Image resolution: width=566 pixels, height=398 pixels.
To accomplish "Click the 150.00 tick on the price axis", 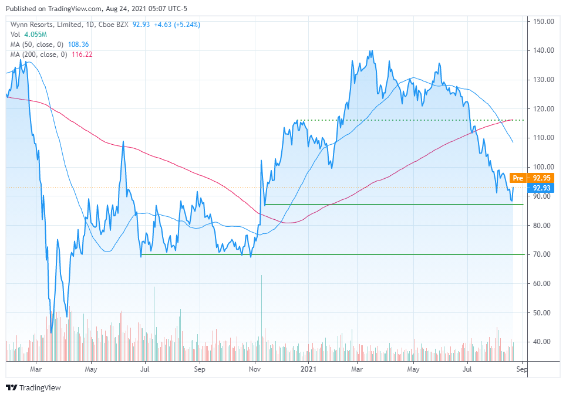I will [543, 22].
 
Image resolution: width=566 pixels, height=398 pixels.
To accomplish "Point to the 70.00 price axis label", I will [543, 254].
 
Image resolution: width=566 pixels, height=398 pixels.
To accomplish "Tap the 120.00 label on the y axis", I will [543, 109].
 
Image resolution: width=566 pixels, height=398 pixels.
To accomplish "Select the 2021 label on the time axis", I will [308, 370].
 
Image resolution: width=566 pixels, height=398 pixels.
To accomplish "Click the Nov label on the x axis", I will [255, 370].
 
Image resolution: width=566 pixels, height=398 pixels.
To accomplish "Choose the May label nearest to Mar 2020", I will [90, 370].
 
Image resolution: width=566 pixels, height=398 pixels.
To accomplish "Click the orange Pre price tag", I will [517, 178].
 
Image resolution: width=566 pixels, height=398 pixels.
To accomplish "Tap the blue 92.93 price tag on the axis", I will [541, 188].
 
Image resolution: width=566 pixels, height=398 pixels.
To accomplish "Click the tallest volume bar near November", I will [261, 317].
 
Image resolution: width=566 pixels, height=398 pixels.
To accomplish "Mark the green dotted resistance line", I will [405, 120].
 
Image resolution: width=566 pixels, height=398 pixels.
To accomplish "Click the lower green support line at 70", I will [329, 254].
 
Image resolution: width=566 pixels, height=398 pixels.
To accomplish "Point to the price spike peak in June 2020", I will [123, 142].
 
